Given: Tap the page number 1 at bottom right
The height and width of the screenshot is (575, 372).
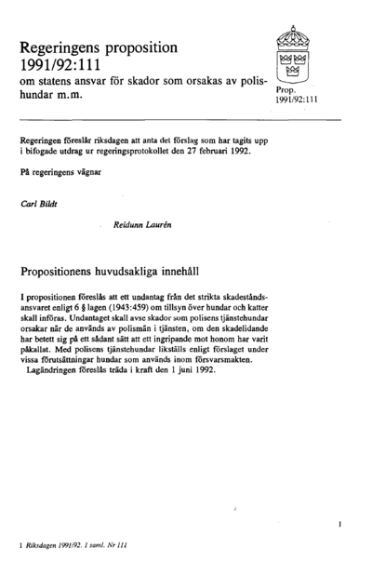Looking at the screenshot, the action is pyautogui.click(x=341, y=525).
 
